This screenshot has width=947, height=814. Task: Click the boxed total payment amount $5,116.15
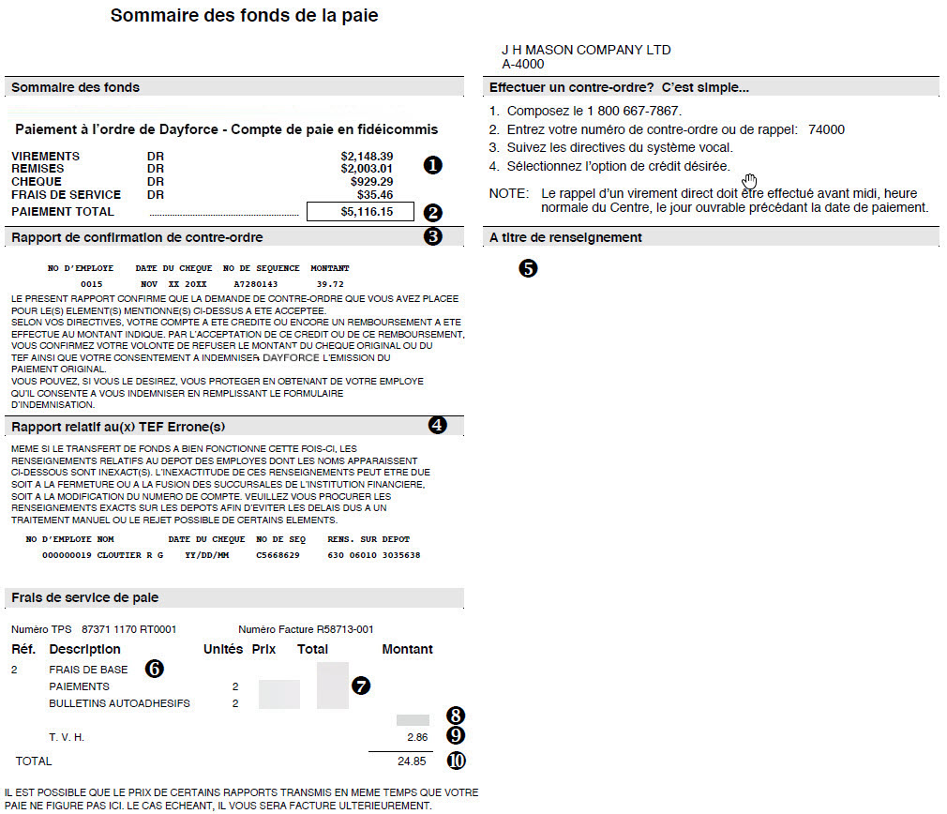367,213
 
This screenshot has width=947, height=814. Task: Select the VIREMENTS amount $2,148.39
367,156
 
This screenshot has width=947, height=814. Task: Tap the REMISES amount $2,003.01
367,169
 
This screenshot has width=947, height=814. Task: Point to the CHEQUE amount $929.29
371,181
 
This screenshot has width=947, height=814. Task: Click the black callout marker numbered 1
432,165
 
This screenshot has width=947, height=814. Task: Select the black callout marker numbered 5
528,268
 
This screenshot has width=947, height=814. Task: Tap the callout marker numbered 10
455,761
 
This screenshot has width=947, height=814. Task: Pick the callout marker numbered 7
361,686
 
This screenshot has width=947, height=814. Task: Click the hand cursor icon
749,179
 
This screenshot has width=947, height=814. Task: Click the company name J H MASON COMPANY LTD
586,50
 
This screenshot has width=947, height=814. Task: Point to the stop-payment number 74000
826,130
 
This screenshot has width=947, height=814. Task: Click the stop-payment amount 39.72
330,282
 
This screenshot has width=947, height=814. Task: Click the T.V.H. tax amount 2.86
416,737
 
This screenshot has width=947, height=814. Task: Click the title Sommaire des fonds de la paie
244,16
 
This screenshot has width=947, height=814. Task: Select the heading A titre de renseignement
565,237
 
